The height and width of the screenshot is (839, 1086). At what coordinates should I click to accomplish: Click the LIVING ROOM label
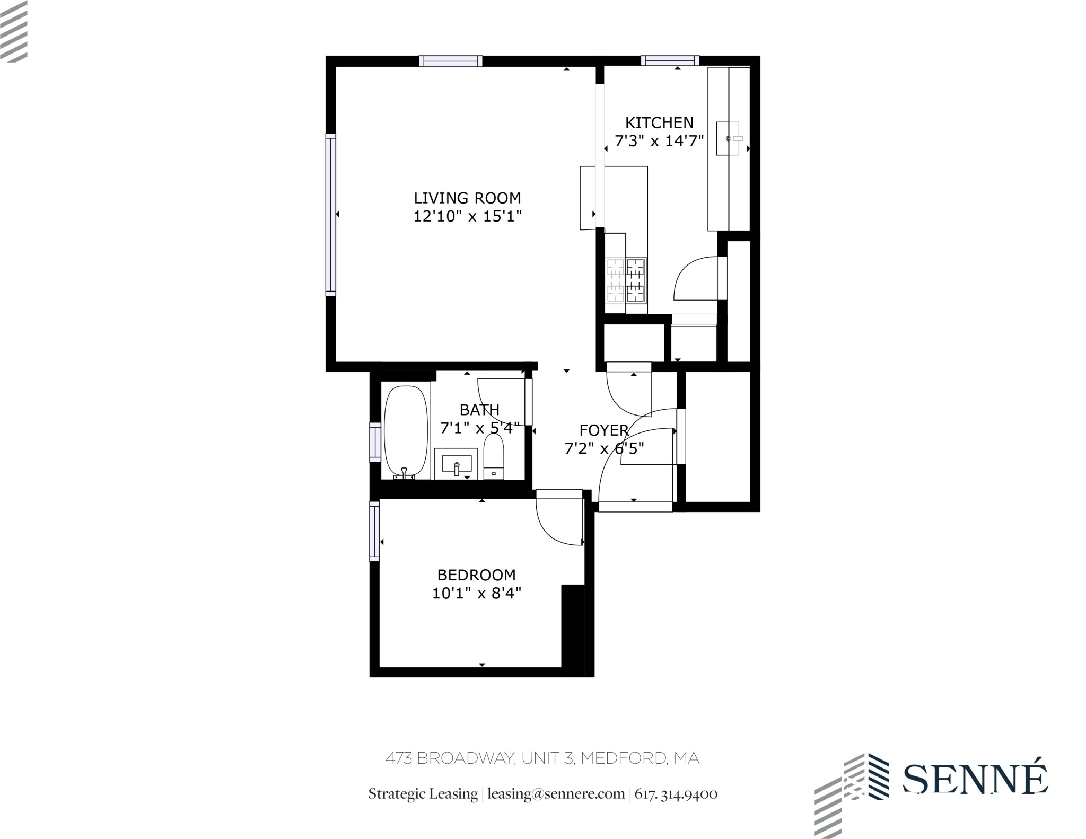click(467, 198)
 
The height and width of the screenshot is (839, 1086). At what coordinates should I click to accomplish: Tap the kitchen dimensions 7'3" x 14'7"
click(659, 141)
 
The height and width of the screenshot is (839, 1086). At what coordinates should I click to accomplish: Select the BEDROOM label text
click(476, 575)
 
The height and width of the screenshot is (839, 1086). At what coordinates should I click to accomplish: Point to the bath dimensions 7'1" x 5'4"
click(479, 428)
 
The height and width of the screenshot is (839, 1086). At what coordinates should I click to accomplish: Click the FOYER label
click(603, 430)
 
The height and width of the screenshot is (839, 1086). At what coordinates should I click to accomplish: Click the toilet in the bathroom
click(494, 456)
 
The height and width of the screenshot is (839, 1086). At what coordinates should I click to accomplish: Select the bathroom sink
click(456, 464)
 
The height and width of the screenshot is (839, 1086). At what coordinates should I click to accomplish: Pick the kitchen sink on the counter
click(728, 138)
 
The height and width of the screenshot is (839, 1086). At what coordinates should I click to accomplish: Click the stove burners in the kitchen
click(626, 280)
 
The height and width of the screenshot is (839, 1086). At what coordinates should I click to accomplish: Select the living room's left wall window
click(331, 214)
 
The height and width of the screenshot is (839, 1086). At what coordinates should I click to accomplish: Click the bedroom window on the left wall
click(375, 531)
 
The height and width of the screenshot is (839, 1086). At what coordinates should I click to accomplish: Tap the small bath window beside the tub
click(375, 442)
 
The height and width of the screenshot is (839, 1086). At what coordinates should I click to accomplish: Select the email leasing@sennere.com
click(556, 794)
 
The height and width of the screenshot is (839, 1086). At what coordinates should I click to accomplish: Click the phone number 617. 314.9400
click(676, 794)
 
